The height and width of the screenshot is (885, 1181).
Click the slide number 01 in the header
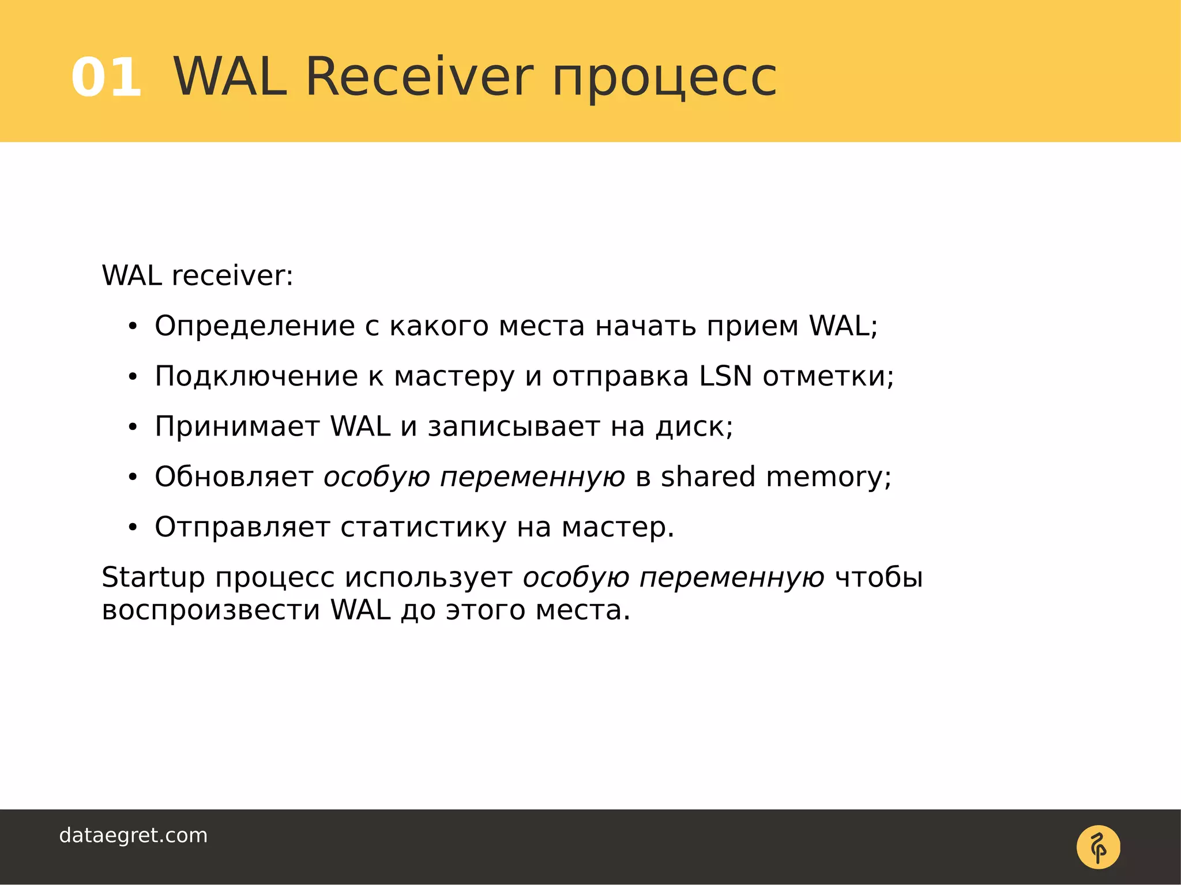tap(106, 77)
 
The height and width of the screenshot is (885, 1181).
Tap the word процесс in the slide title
tap(664, 78)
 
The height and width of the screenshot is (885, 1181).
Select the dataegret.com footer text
tap(133, 835)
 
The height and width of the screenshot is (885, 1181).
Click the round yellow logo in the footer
tap(1098, 847)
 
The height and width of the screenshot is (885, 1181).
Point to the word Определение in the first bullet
tap(254, 327)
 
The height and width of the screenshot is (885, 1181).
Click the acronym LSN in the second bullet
tap(725, 376)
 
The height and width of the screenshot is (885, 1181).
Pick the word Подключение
tap(256, 377)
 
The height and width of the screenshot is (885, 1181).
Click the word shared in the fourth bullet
tap(708, 477)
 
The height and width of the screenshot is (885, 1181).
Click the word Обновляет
tap(234, 477)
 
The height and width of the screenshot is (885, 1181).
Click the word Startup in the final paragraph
tap(153, 578)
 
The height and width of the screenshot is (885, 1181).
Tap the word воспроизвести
tap(210, 610)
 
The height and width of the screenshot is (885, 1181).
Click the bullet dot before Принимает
tap(133, 428)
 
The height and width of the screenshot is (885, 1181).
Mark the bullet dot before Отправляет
tap(133, 527)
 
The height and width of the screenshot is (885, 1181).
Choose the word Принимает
tap(237, 427)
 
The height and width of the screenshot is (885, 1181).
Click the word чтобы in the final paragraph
tap(879, 577)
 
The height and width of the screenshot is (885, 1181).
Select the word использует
tap(428, 578)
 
